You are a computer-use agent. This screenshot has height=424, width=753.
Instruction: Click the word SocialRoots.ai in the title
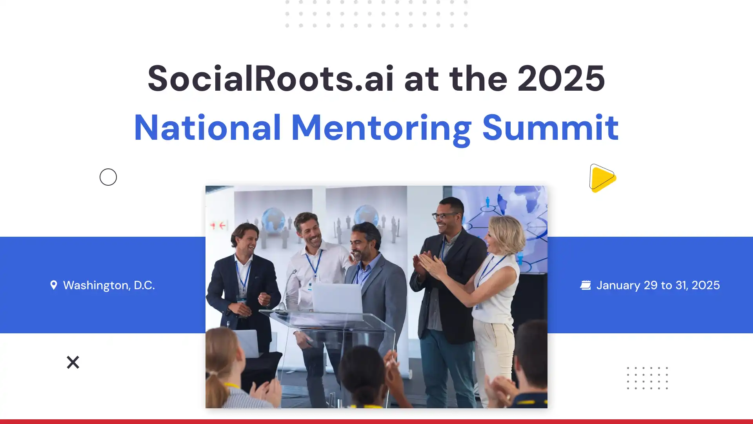[270, 79]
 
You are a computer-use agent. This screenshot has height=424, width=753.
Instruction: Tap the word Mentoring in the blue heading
[381, 128]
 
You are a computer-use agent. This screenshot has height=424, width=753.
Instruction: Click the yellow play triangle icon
[602, 178]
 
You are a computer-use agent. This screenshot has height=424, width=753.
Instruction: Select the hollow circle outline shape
[108, 177]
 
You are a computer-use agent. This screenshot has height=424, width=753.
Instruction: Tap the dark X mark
[73, 362]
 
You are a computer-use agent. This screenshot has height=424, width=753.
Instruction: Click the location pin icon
[54, 285]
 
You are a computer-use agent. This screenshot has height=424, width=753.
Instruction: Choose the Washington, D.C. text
[109, 285]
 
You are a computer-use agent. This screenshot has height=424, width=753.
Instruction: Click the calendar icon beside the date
[585, 285]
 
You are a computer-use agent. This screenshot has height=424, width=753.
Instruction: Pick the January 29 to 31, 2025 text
[658, 285]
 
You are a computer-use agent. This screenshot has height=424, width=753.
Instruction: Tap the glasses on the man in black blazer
[445, 216]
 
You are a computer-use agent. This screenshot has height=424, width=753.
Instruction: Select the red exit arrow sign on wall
[218, 225]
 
